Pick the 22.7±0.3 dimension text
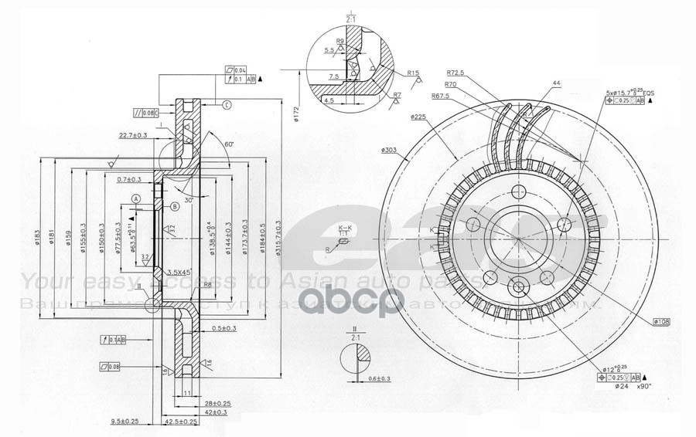click(133, 135)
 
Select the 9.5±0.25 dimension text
click(125, 422)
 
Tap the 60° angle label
click(229, 144)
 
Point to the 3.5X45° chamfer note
click(179, 273)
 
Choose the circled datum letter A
click(136, 198)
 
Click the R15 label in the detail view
click(413, 73)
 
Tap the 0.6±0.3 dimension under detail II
click(379, 378)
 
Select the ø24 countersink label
click(621, 387)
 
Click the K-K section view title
click(345, 227)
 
